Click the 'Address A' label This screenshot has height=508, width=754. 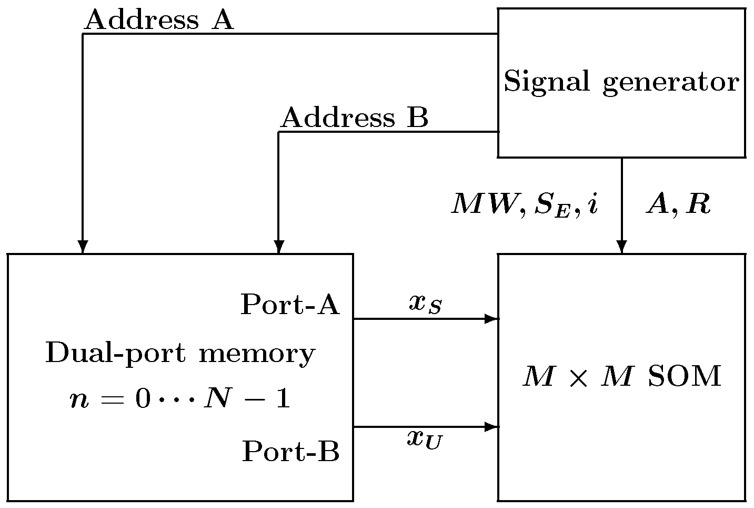click(158, 21)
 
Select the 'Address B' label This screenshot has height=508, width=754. click(354, 118)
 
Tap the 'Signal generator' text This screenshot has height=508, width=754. click(621, 82)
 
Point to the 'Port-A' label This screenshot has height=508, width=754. click(290, 305)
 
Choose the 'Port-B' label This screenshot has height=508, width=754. click(290, 452)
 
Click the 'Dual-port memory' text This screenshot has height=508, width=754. click(180, 354)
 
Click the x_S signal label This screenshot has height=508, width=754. click(425, 304)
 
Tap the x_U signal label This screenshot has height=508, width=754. click(425, 439)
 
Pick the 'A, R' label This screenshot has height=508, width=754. click(678, 205)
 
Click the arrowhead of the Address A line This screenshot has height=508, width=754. click(83, 247)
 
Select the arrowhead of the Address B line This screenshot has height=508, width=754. click(279, 247)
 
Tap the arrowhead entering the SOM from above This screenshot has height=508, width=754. click(622, 247)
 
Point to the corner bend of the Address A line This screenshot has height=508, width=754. click(83, 34)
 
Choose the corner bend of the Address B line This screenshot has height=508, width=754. click(279, 132)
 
